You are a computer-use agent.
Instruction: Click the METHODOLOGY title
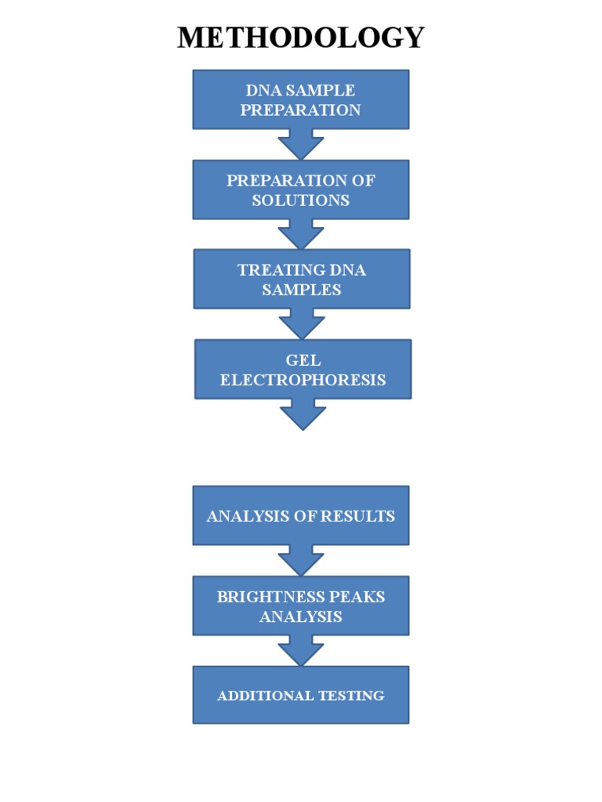pos(301,38)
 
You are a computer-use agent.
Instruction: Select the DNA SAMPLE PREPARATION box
pos(301,99)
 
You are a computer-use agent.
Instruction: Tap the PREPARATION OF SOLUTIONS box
pos(301,190)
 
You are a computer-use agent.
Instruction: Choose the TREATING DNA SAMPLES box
pos(302,279)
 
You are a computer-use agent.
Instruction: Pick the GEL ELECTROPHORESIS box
pos(303,370)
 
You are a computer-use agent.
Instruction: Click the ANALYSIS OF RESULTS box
pos(301,515)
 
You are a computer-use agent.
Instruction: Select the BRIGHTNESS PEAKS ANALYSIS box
pos(301,605)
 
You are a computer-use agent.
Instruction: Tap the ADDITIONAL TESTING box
pos(301,695)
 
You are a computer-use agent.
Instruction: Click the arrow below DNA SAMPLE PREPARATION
pos(301,145)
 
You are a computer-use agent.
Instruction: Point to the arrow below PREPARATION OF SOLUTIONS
pos(301,235)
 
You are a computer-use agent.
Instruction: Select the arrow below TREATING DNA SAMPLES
pos(302,324)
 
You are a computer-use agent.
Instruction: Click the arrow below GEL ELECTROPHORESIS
pos(303,415)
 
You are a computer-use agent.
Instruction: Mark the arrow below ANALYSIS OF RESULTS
pos(301,561)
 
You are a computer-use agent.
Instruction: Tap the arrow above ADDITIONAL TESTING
pos(301,651)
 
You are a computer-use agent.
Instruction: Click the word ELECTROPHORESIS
pos(303,380)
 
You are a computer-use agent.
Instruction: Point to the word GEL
pos(303,360)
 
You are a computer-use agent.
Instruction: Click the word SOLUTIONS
pos(301,200)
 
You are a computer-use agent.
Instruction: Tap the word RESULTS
pos(357,516)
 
